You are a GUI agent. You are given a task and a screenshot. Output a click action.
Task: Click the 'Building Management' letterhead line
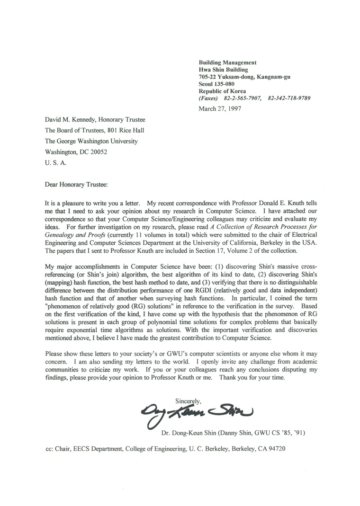[227, 62]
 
